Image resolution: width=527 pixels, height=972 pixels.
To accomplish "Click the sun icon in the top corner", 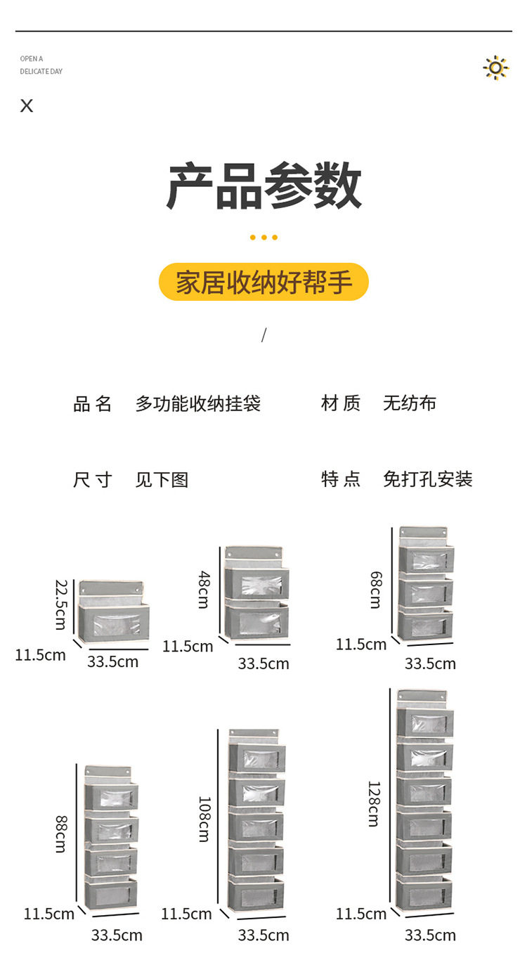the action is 495,67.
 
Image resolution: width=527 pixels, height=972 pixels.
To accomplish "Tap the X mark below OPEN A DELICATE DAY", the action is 27,106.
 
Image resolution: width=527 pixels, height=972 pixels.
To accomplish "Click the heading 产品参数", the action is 263,187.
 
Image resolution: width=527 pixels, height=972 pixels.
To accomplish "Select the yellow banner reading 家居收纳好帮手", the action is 263,283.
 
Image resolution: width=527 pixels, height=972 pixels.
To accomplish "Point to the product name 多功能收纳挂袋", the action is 197,403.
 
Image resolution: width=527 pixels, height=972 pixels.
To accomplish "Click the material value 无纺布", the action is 410,403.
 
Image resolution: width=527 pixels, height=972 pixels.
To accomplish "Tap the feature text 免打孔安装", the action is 427,479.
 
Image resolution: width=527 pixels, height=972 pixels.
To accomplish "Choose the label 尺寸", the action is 92,480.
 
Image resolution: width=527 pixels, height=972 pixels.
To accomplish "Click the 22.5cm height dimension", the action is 62,604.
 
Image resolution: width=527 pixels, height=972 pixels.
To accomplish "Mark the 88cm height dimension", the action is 62,834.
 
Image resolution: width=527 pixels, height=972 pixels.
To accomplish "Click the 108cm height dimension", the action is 204,819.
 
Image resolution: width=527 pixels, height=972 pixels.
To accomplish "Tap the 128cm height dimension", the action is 374,803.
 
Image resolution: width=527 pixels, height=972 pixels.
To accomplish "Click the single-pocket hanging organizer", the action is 114,611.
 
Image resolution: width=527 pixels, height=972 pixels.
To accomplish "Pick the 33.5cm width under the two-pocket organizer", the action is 263,663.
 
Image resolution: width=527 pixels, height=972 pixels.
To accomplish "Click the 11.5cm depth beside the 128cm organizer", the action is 360,914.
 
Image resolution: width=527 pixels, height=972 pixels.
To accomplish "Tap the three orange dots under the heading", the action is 263,238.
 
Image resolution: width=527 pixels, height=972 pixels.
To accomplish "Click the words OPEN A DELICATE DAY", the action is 41,65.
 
